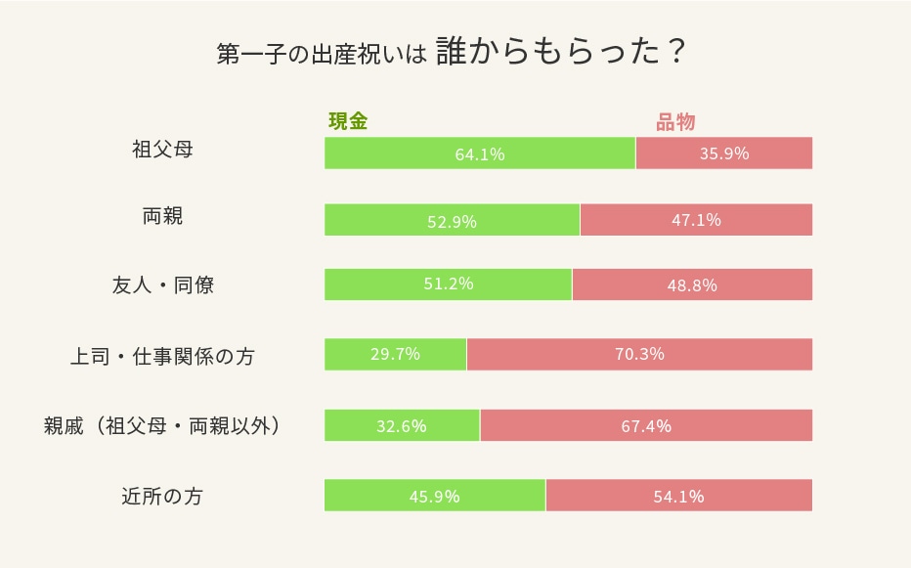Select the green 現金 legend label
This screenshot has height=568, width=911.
(x=347, y=122)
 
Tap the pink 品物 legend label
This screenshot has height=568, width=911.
(x=674, y=122)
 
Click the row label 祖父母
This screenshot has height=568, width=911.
(x=162, y=152)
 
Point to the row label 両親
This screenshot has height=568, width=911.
(x=162, y=217)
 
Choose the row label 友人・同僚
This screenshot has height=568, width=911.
(x=162, y=285)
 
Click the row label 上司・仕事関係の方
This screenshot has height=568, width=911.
(x=162, y=355)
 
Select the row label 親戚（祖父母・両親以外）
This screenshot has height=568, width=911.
(x=162, y=426)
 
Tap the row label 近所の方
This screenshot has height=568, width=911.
(x=162, y=496)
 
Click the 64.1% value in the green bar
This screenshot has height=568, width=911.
(x=479, y=153)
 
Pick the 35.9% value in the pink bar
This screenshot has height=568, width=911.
(x=723, y=153)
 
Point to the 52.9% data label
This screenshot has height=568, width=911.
(x=452, y=221)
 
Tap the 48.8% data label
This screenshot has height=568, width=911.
(x=692, y=285)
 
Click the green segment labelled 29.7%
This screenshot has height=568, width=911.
(x=395, y=354)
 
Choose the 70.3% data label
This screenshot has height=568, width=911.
(x=639, y=354)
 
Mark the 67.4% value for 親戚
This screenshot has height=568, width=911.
(x=646, y=426)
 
